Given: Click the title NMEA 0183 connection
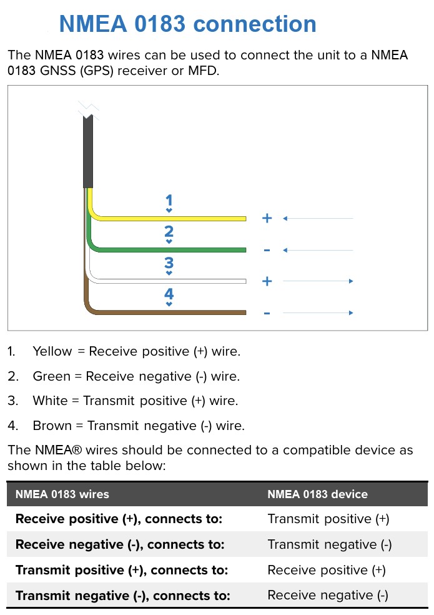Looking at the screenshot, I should pyautogui.click(x=187, y=24).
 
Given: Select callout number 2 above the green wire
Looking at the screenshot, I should pyautogui.click(x=169, y=232).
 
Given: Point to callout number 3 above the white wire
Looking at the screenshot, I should pyautogui.click(x=169, y=263).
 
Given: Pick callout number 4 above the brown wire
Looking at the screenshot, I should pyautogui.click(x=169, y=294).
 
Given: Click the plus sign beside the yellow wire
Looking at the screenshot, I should pyautogui.click(x=267, y=218).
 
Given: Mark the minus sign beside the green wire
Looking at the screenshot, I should pyautogui.click(x=267, y=250).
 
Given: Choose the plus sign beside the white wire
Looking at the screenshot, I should pyautogui.click(x=267, y=281).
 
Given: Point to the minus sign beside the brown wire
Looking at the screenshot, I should pyautogui.click(x=267, y=312).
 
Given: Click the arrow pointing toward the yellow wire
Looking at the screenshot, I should pyautogui.click(x=318, y=218).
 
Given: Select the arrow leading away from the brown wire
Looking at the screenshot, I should pyautogui.click(x=318, y=312).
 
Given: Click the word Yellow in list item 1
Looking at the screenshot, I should pyautogui.click(x=52, y=351).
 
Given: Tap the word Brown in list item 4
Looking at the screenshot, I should pyautogui.click(x=52, y=426).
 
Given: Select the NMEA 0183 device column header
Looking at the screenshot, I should pyautogui.click(x=317, y=494).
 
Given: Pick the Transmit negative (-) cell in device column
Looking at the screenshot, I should pyautogui.click(x=329, y=544).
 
